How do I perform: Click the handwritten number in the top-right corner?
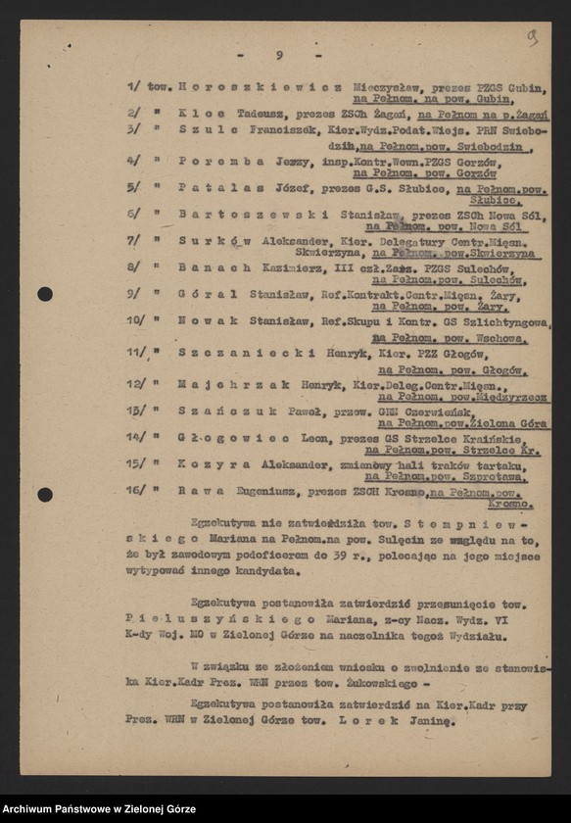tap(532, 37)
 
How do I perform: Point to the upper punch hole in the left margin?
tap(45, 294)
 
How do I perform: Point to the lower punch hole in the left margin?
tap(45, 494)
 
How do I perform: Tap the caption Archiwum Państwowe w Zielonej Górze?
tap(99, 809)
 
